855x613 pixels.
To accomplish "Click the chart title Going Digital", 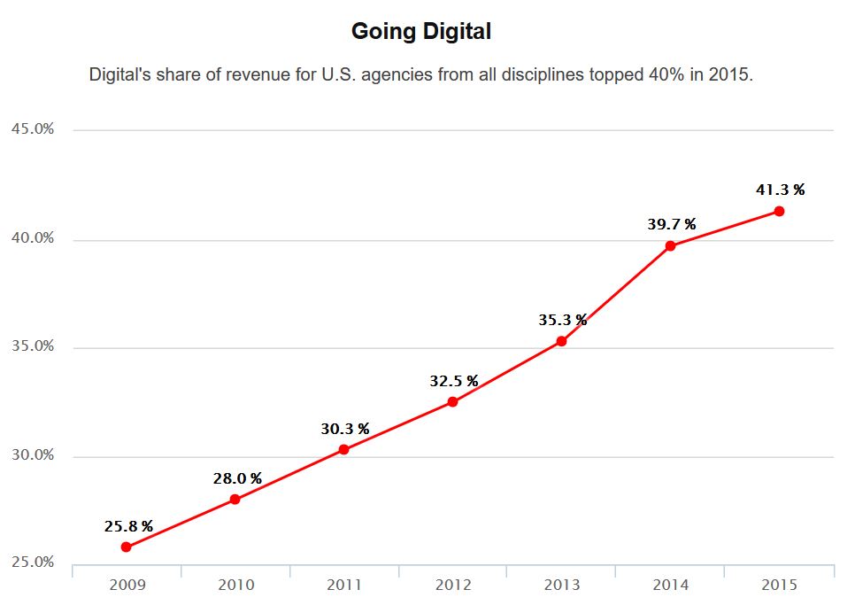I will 420,32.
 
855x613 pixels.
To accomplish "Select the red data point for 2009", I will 126,547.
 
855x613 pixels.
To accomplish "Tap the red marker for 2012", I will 452,401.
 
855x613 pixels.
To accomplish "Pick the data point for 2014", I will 670,245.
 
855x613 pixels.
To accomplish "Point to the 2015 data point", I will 779,211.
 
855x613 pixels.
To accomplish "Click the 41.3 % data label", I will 780,190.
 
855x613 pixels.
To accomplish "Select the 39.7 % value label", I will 671,224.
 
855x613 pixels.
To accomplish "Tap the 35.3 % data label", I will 562,320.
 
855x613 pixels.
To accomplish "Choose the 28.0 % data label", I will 237,478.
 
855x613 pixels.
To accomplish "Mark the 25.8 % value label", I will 128,526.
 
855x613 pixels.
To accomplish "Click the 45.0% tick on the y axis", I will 33,129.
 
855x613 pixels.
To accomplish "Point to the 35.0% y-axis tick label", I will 33,346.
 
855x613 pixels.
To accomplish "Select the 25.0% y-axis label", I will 33,563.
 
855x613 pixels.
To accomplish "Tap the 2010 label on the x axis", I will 235,585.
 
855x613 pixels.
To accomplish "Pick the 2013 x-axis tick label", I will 562,585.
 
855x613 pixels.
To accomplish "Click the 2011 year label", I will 344,585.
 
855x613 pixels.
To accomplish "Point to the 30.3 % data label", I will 344,429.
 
